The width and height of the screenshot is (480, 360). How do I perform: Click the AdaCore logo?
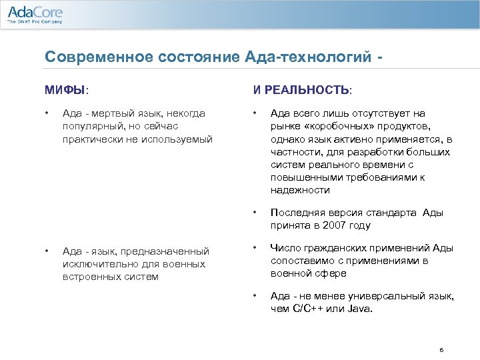[x=34, y=11]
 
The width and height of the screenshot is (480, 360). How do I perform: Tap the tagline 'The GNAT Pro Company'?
[x=34, y=22]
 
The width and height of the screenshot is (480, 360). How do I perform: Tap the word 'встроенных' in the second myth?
[x=90, y=277]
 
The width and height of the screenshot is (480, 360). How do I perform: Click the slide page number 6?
[x=441, y=349]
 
